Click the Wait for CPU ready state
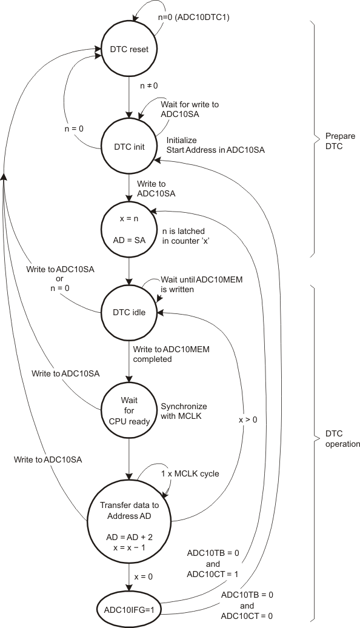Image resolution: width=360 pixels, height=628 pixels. point(128,411)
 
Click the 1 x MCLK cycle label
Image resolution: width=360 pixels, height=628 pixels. point(189,473)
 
